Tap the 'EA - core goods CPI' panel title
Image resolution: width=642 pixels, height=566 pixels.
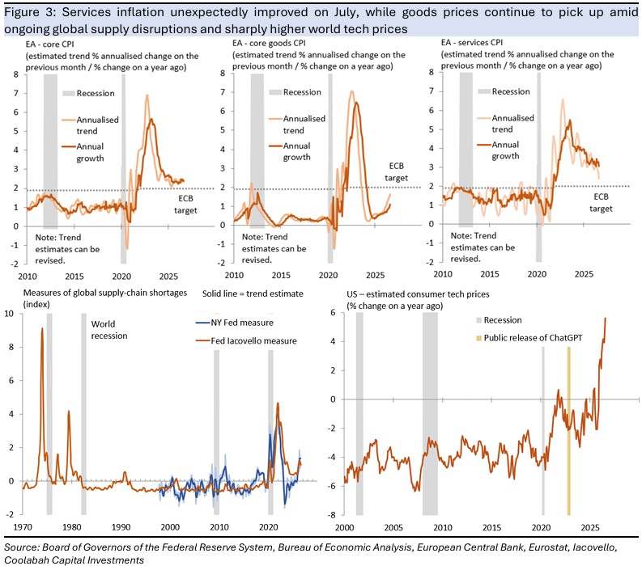(269, 43)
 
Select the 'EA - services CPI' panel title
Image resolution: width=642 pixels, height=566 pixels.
(472, 43)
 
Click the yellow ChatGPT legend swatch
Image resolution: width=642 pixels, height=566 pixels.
(478, 338)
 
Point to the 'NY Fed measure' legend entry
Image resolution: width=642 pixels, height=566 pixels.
(235, 323)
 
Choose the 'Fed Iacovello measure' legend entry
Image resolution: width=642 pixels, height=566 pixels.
(246, 340)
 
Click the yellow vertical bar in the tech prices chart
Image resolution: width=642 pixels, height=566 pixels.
(568, 431)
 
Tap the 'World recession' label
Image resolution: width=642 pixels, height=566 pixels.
(109, 330)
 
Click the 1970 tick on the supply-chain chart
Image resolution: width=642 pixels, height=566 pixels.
(23, 527)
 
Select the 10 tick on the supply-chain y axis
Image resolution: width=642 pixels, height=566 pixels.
(9, 314)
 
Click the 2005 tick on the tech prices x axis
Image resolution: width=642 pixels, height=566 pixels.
(393, 527)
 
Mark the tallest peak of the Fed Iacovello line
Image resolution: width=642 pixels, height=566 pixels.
(42, 328)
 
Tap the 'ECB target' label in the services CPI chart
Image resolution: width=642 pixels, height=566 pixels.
(601, 202)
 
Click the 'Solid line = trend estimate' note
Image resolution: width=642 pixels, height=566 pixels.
(253, 294)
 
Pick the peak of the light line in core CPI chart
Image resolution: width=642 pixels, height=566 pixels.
(147, 95)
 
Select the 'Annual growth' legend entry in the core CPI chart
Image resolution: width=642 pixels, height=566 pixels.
(90, 152)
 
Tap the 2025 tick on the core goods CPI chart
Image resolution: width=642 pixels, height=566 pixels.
(375, 275)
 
